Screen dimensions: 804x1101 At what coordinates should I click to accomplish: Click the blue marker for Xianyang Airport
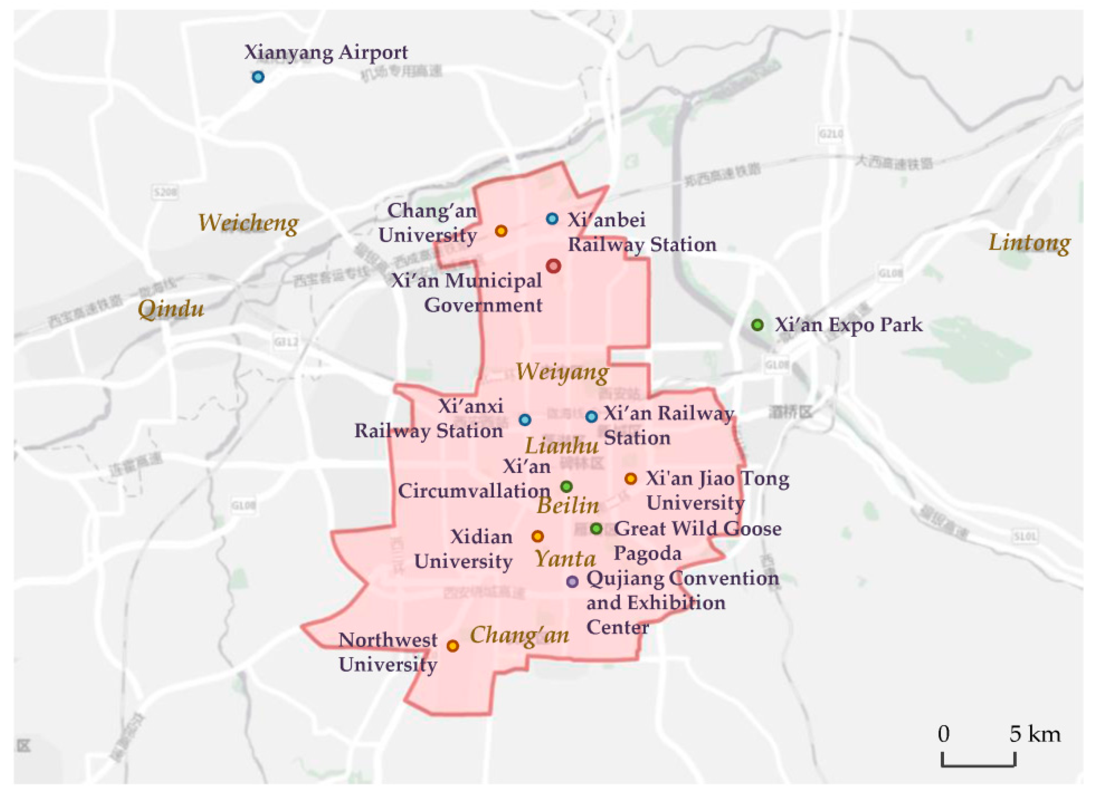[x=258, y=77]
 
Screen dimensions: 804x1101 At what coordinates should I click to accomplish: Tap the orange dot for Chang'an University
[x=501, y=231]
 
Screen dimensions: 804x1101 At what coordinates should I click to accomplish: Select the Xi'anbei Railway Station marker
[x=552, y=219]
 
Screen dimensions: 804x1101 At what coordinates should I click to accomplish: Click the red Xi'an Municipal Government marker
[x=553, y=266]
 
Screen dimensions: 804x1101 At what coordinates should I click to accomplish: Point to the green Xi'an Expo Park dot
[x=757, y=325]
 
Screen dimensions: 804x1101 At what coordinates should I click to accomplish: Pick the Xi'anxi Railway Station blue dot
[x=524, y=420]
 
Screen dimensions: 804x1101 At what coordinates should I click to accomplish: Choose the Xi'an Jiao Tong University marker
[x=631, y=479]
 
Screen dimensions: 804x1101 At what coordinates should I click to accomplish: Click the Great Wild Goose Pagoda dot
[x=596, y=528]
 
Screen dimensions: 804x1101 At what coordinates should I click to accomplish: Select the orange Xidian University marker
[x=537, y=536]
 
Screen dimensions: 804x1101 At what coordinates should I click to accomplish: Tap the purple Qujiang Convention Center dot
[x=572, y=581]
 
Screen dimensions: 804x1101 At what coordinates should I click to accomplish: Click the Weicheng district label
[x=248, y=224]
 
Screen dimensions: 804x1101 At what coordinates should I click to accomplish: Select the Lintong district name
[x=1029, y=243]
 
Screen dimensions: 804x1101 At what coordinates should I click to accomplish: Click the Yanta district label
[x=565, y=559]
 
